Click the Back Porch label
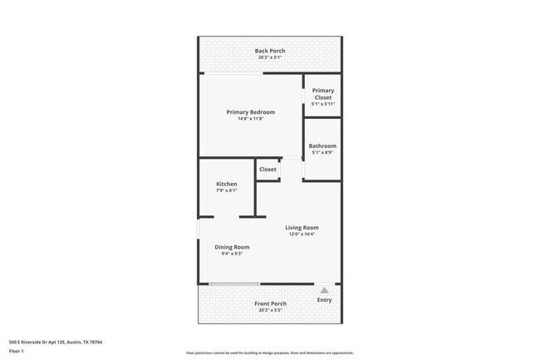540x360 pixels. (270, 51)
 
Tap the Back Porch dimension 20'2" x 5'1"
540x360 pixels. (270, 57)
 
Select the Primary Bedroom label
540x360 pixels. (250, 111)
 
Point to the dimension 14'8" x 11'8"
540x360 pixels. (250, 119)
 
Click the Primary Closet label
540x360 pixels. (322, 94)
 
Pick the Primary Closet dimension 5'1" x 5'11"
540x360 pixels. (322, 104)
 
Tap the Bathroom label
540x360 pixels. (322, 145)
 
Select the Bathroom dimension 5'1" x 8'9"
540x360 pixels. (322, 153)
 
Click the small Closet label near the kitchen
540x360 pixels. (268, 169)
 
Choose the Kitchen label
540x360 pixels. (226, 184)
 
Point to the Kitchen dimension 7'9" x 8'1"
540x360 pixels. (226, 190)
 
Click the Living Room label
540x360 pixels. (302, 227)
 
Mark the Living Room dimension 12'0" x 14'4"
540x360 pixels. (302, 234)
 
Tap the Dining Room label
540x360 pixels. (232, 246)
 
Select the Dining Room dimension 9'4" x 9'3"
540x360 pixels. (232, 254)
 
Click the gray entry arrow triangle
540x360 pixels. (324, 290)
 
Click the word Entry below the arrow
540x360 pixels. (324, 299)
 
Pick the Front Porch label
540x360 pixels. (270, 303)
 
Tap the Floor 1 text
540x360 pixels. (17, 351)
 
